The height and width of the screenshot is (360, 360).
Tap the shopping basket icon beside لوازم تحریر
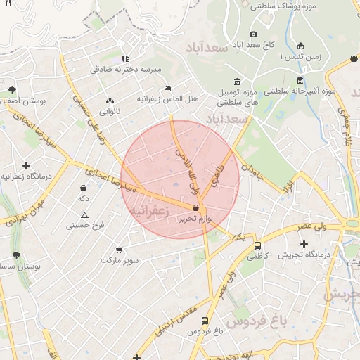point(195,207)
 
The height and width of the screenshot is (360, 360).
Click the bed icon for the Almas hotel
point(167,88)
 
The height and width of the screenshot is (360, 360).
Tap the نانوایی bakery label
point(109,111)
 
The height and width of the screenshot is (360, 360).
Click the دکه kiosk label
point(84,199)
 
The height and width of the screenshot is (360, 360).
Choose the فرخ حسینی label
point(85,226)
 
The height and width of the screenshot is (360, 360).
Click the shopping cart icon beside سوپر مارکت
point(118,250)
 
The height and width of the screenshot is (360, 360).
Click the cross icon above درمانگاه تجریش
point(303,243)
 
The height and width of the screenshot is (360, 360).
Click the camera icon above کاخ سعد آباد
point(253,34)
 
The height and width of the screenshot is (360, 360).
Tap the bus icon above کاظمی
point(258,246)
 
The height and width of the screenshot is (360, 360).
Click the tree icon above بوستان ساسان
point(16,256)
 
